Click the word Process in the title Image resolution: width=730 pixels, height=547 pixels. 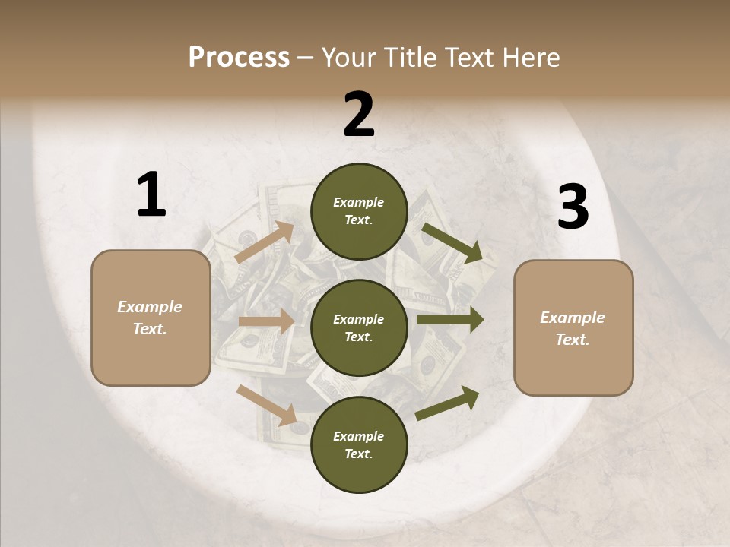coord(239,58)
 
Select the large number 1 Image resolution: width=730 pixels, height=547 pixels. coord(151,195)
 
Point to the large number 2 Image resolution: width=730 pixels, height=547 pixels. coord(359,115)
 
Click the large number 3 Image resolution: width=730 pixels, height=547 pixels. coord(573,207)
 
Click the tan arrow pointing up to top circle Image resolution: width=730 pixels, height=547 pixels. coord(265,242)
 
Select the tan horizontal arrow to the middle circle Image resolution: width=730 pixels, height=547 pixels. coord(265,321)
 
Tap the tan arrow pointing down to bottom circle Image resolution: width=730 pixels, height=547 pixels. coord(266,404)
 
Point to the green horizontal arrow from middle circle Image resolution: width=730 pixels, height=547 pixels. coord(449,320)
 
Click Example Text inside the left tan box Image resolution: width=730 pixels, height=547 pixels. coord(150,318)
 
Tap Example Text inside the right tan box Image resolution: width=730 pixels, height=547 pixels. coord(573,328)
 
